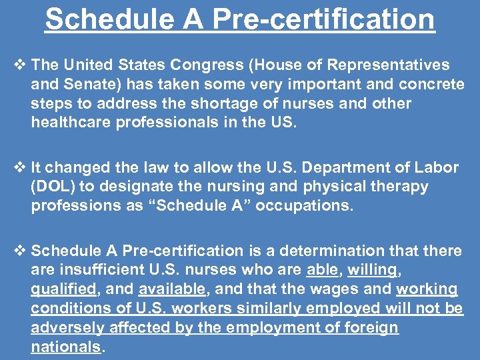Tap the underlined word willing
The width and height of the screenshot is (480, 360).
(x=371, y=270)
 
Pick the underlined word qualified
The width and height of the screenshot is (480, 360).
(x=63, y=289)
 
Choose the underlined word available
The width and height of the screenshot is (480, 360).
(x=172, y=289)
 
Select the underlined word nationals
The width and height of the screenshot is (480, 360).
(x=65, y=347)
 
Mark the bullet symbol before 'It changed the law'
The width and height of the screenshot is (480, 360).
(x=19, y=167)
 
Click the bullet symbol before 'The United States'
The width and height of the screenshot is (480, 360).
(x=19, y=65)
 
